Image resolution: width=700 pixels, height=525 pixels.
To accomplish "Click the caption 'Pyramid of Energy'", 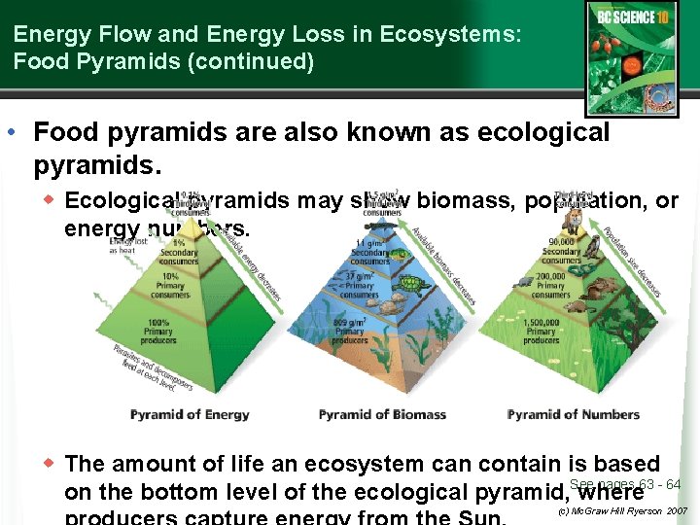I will pos(190,414).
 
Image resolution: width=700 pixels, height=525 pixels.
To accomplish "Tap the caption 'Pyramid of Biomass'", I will pos(382,414).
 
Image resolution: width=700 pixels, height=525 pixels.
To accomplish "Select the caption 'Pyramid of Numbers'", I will pos(574,414).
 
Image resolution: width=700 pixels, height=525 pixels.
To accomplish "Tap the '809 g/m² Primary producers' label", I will pos(350,331).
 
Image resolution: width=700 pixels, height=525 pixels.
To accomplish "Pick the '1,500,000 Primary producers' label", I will pos(542,331).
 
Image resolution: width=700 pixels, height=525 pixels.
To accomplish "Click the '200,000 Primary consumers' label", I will pos(550,285).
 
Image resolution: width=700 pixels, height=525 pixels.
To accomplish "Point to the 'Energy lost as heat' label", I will pos(126,245).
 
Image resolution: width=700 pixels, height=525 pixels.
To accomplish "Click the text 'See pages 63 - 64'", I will pos(625,484).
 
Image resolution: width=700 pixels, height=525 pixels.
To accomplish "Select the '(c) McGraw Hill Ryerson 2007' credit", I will pos(622,510).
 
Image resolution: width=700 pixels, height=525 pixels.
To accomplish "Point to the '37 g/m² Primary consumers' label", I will pos(359,281).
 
